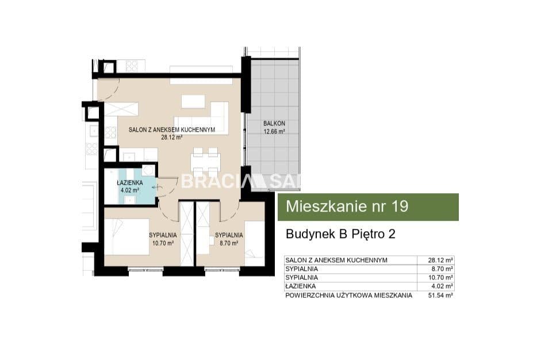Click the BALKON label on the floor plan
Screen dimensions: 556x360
[274, 124]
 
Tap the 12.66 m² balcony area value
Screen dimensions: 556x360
[274, 132]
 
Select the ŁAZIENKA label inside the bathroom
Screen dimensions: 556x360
[130, 183]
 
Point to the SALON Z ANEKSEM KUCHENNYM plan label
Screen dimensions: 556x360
[171, 130]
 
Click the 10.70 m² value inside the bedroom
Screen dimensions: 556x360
[163, 243]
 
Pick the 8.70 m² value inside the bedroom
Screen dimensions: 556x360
[229, 243]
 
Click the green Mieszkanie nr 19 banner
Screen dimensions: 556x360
[368, 207]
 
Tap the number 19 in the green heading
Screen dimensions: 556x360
[400, 206]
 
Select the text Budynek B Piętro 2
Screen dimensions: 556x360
[340, 234]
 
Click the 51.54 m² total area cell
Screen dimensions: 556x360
[440, 295]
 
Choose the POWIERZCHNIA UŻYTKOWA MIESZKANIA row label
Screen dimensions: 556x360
[348, 295]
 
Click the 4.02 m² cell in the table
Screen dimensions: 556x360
[442, 286]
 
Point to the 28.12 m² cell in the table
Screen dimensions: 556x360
[440, 260]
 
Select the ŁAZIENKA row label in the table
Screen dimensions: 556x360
[300, 286]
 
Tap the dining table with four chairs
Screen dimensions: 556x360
[206, 162]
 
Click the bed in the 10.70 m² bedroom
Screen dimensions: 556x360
[126, 236]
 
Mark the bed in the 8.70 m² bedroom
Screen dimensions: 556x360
[255, 244]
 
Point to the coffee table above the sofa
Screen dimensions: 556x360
[193, 101]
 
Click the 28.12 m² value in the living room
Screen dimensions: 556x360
[171, 137]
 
